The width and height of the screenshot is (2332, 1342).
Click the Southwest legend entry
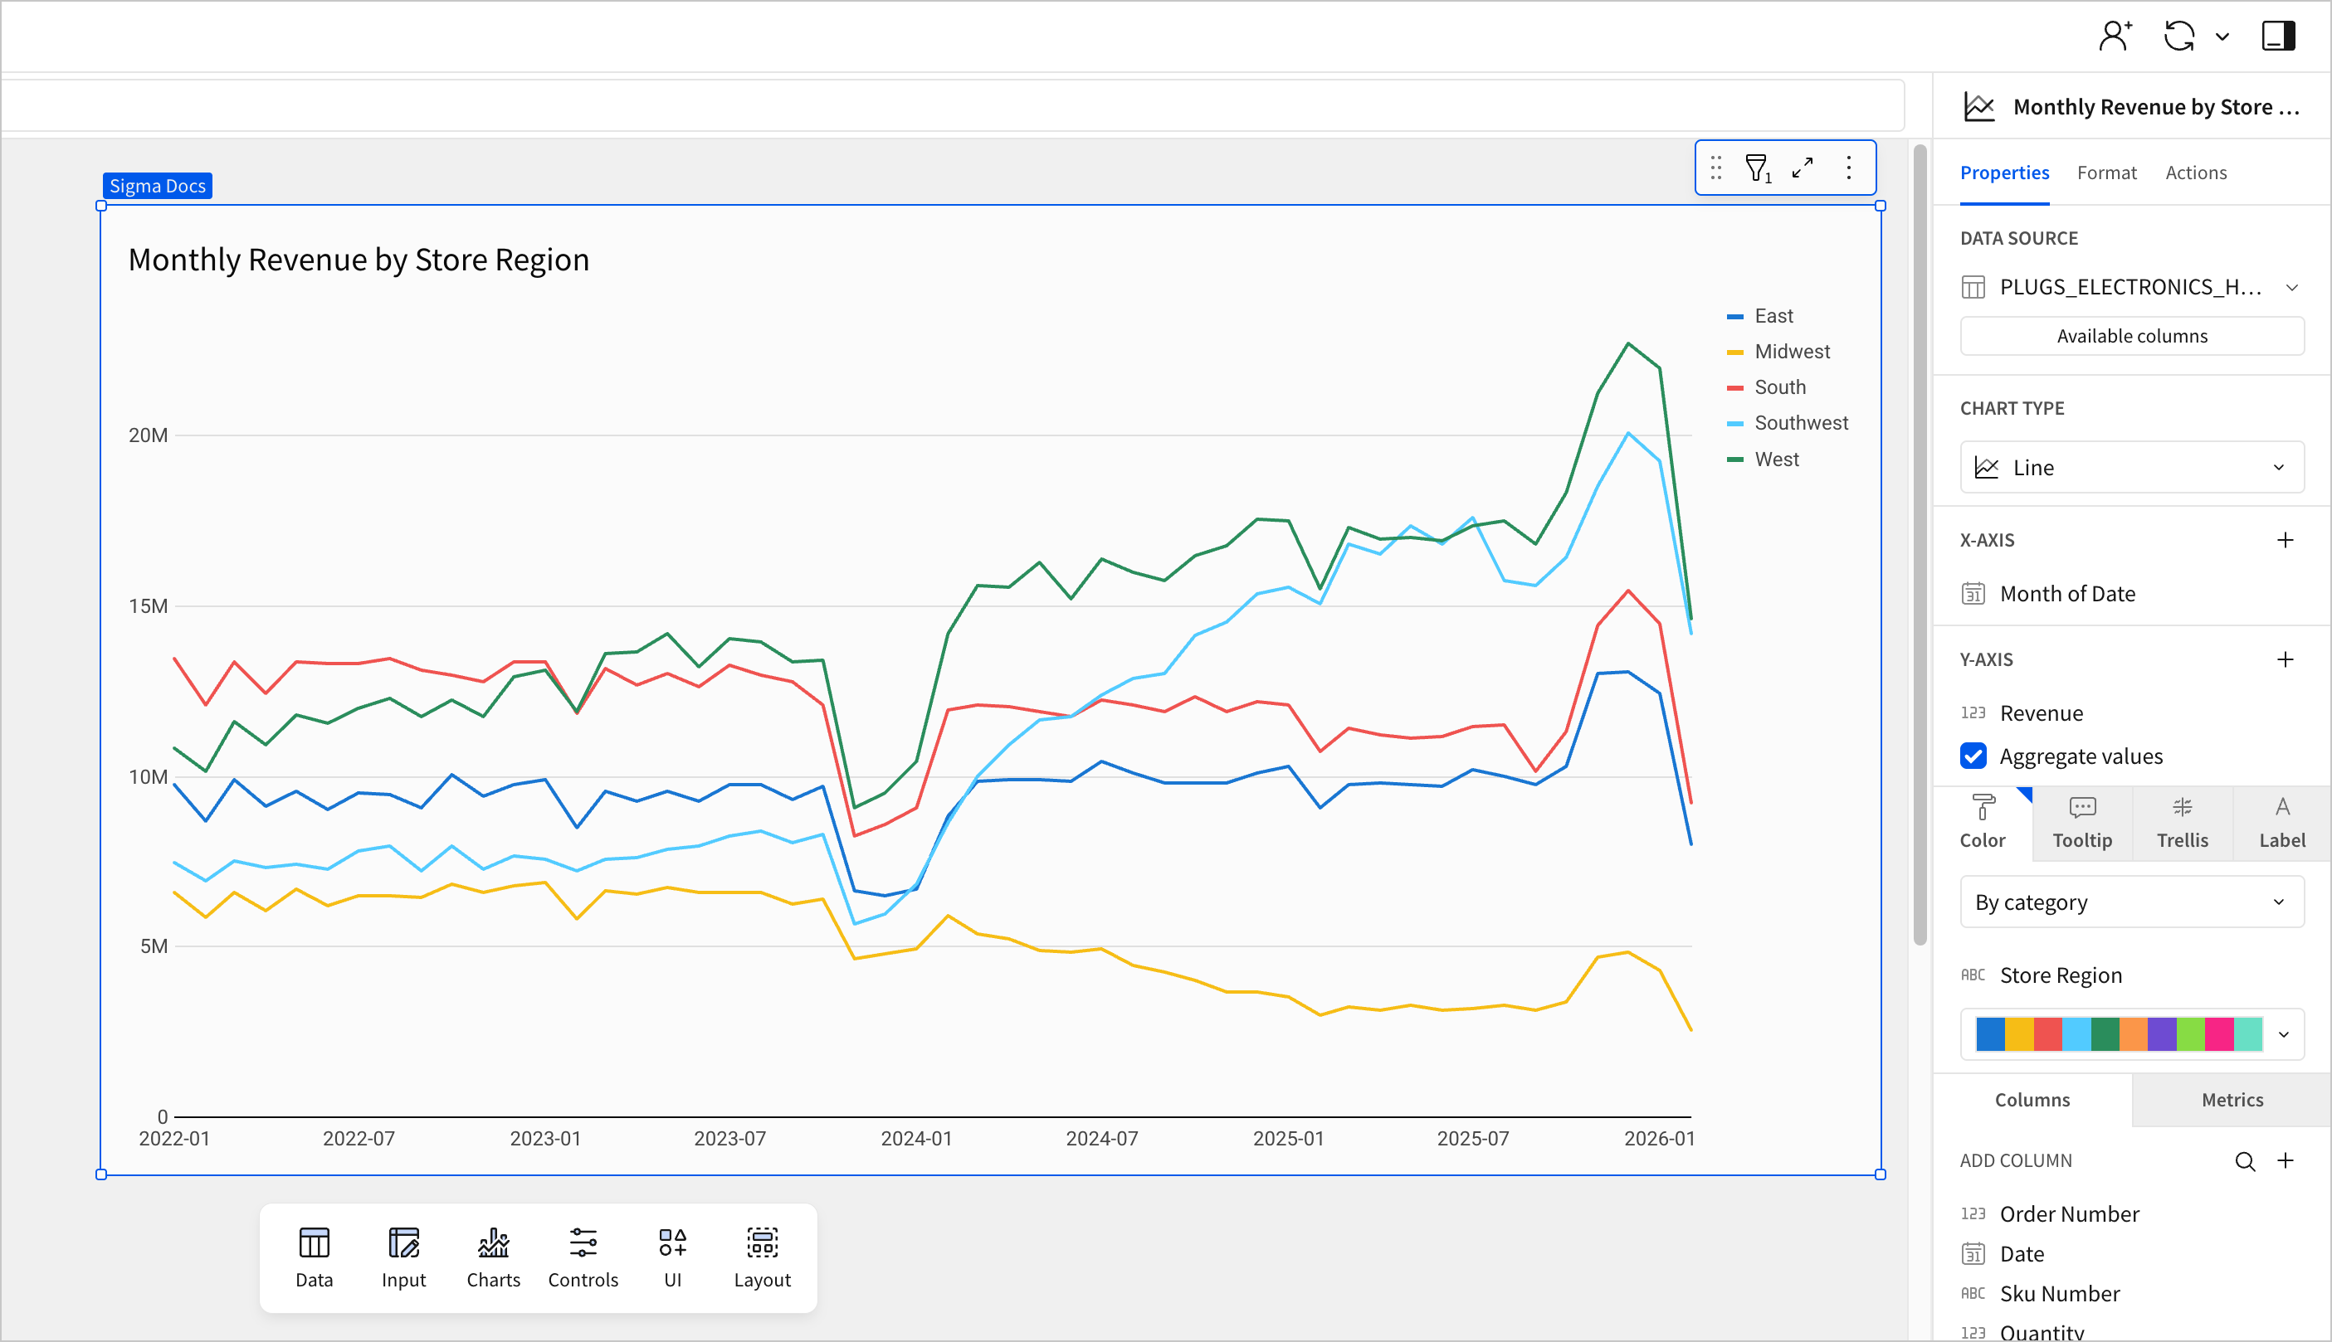tap(1800, 423)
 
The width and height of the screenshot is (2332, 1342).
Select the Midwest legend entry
tap(1791, 351)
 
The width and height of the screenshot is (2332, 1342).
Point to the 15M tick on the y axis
tap(149, 606)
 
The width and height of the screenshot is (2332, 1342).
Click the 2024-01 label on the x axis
tap(915, 1138)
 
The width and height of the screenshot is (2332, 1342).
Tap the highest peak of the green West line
tap(1628, 344)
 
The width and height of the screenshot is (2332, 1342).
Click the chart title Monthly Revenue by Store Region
tap(359, 260)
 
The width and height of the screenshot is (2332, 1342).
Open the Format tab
tap(2106, 173)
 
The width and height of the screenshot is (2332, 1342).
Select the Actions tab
tap(2196, 173)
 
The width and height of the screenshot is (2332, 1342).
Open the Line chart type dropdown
tap(2131, 467)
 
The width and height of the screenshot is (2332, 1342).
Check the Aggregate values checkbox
tap(1973, 756)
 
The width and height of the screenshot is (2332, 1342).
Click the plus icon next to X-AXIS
tap(2284, 540)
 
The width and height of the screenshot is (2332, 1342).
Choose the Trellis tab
tap(2182, 823)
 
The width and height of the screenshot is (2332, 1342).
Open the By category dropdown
tap(2131, 902)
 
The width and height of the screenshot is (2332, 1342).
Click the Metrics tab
tap(2232, 1100)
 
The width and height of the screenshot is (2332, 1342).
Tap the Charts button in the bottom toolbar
tap(493, 1257)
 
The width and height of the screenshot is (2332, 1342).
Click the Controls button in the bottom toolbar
tap(583, 1257)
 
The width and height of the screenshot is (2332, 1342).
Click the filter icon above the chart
tap(1758, 168)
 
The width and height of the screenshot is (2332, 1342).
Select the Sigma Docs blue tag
tap(158, 186)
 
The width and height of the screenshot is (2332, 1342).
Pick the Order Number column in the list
tap(2068, 1214)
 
